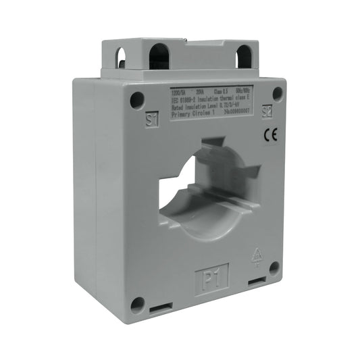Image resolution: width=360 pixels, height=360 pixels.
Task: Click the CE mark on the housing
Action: [269, 135]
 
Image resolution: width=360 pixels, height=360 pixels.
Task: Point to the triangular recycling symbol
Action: [256, 255]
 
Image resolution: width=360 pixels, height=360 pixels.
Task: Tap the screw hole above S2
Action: [276, 94]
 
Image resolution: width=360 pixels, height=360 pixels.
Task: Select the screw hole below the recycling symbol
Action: [274, 268]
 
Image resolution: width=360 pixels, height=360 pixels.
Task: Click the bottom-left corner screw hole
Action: [137, 304]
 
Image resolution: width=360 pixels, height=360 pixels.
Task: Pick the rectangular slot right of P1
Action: [256, 280]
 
